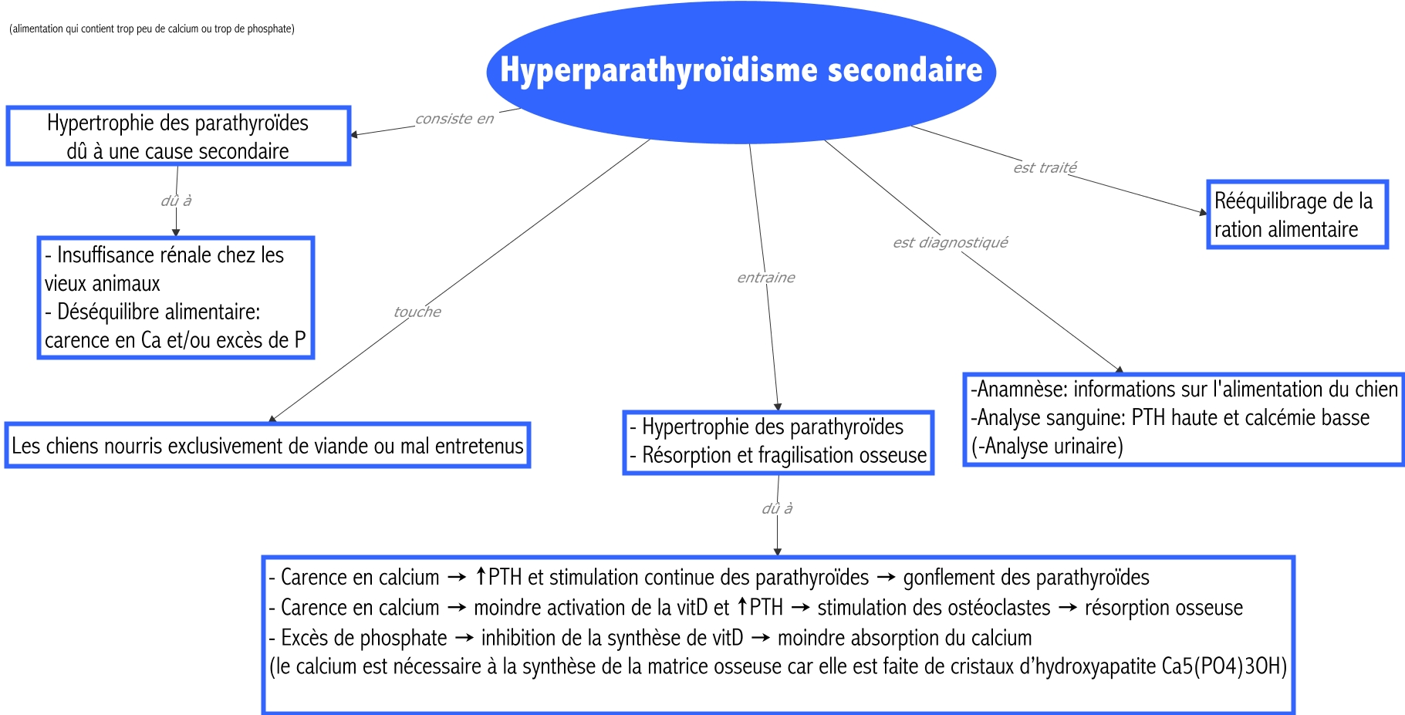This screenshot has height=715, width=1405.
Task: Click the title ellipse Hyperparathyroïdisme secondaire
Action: [741, 71]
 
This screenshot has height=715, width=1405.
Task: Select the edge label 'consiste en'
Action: [454, 119]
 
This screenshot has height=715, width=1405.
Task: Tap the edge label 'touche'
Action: [417, 312]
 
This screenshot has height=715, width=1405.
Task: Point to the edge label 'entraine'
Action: [765, 278]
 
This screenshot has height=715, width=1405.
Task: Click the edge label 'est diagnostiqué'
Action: [950, 242]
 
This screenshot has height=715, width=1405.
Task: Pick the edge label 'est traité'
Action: [1045, 167]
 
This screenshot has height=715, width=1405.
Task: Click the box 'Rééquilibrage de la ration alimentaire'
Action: [1297, 214]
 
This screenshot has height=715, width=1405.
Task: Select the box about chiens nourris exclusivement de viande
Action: [267, 446]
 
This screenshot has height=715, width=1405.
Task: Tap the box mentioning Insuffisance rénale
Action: [176, 298]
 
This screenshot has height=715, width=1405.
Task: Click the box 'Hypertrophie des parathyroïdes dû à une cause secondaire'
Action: [178, 137]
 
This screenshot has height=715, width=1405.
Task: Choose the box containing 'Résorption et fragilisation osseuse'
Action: [778, 442]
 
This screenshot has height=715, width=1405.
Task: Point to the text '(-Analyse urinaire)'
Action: [1047, 447]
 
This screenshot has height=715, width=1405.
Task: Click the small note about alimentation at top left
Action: [152, 29]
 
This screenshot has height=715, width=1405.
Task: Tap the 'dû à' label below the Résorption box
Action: [777, 508]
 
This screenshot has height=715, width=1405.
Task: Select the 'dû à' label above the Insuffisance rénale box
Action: [176, 201]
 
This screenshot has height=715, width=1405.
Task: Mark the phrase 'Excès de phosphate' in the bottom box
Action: [363, 638]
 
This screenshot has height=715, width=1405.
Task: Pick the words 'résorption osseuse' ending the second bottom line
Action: [1164, 608]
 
